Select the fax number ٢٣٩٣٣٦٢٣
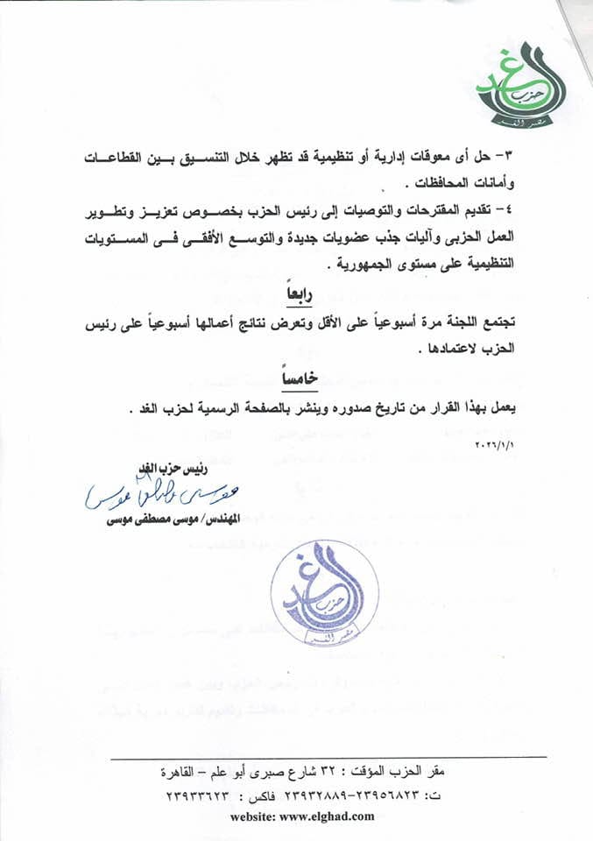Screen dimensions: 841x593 pos(205,795)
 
